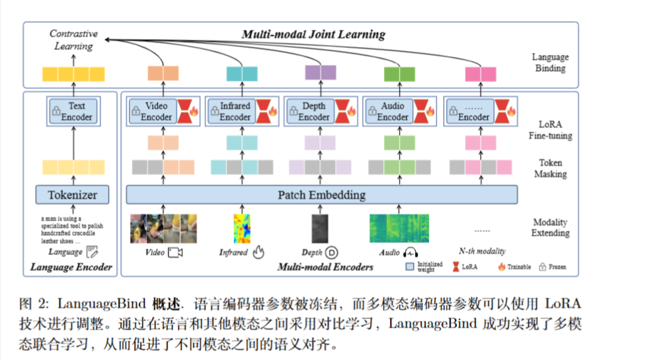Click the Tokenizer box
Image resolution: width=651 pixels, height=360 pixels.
point(73,195)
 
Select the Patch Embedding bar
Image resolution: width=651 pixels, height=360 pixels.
point(321,195)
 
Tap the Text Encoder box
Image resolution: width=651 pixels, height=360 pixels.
point(73,112)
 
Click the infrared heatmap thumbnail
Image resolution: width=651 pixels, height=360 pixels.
point(242,228)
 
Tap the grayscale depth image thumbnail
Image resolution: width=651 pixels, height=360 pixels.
point(320,228)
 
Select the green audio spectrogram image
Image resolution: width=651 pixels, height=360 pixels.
point(399,227)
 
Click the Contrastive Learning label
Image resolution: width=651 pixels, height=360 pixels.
point(73,40)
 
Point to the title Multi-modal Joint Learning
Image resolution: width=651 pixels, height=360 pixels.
point(313,34)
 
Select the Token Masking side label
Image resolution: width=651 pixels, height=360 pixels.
point(550,168)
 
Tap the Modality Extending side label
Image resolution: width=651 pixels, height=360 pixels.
point(550,227)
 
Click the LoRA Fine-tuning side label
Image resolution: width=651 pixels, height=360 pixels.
point(550,129)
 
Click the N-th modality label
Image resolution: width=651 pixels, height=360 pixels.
point(482,251)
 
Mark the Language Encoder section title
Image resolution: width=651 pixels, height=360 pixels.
point(71,268)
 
